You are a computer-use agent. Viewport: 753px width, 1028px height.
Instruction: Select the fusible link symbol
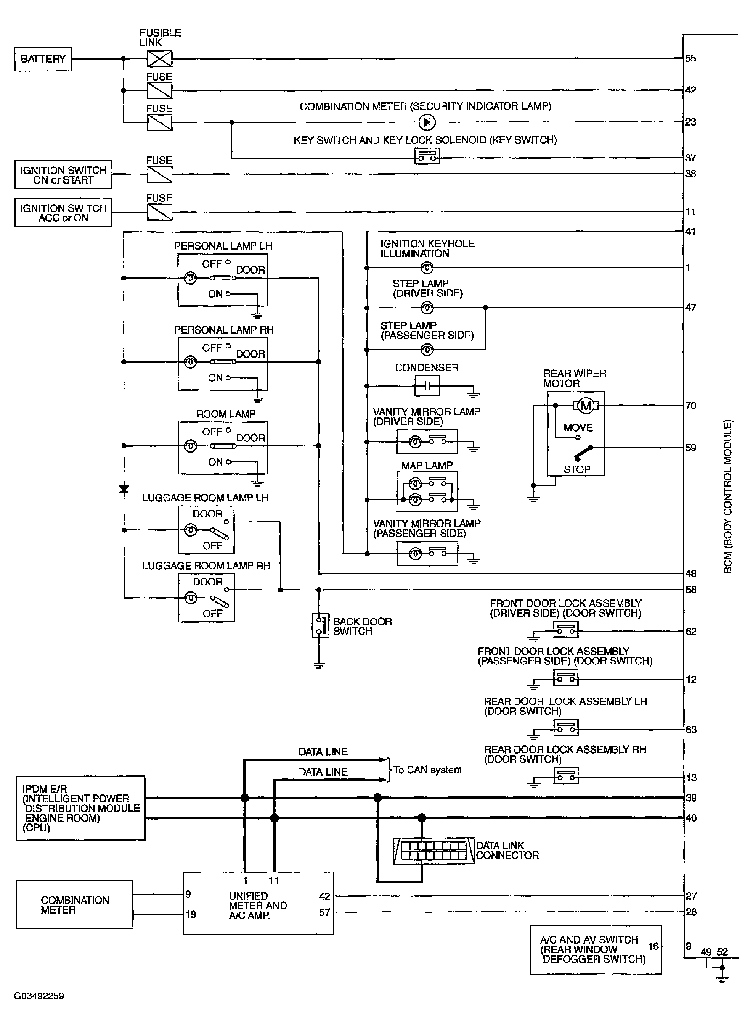click(x=159, y=59)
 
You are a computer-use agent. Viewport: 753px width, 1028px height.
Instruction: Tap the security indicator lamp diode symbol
click(x=427, y=122)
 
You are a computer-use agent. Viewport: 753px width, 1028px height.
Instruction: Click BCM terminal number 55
click(x=690, y=58)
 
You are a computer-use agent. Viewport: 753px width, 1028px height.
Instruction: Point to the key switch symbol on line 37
click(x=427, y=157)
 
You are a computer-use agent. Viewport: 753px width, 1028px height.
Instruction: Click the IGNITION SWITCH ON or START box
click(x=63, y=174)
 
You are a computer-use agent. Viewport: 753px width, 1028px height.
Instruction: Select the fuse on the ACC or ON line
click(x=159, y=212)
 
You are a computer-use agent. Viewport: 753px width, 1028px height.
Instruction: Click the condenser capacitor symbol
click(x=427, y=386)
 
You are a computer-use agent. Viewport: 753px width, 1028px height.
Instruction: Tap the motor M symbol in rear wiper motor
click(x=586, y=406)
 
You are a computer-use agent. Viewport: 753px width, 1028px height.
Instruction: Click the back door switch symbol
click(x=320, y=626)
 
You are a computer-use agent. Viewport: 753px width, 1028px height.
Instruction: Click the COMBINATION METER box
click(x=74, y=905)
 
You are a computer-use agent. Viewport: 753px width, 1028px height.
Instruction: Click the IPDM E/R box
click(x=80, y=808)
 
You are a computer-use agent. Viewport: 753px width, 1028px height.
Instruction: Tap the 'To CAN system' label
click(x=427, y=770)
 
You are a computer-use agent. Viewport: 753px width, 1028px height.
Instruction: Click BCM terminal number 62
click(x=690, y=632)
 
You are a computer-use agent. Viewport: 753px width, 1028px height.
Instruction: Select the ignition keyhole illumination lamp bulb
click(x=427, y=268)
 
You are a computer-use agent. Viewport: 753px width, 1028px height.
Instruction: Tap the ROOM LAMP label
click(x=226, y=414)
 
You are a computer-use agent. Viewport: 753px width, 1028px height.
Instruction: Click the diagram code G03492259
click(x=39, y=996)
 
